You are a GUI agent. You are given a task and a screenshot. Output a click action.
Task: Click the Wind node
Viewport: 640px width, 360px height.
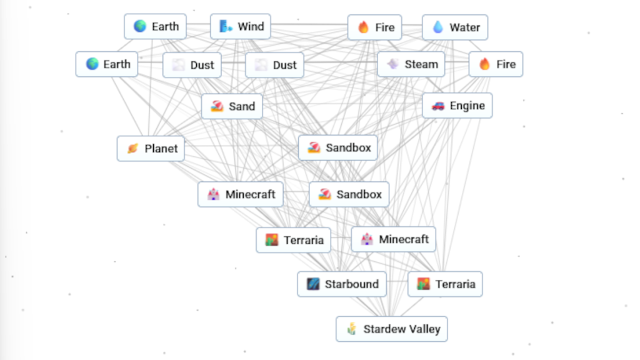pos(241,27)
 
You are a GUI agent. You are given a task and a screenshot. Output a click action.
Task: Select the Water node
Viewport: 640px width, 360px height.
pos(455,27)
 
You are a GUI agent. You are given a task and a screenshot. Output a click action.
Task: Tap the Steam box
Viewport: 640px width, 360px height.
pos(411,64)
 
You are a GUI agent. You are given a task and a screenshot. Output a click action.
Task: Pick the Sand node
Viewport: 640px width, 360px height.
pos(232,106)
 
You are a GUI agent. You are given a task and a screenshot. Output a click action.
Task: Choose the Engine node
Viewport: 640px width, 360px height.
pos(457,106)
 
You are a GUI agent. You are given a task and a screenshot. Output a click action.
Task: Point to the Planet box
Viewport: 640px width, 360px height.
pos(151,149)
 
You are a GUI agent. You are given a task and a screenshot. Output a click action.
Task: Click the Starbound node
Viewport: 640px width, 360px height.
pos(342,284)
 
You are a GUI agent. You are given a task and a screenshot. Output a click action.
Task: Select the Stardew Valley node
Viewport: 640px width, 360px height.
pos(392,329)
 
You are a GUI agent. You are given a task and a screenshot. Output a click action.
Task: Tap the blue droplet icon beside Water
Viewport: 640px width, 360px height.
pos(437,27)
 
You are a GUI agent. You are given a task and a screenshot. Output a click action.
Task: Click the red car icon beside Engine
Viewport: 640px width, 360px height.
pos(437,106)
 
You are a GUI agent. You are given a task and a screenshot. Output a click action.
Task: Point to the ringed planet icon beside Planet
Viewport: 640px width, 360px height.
pos(132,149)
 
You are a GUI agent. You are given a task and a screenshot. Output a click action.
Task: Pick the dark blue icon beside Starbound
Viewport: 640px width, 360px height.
pos(313,284)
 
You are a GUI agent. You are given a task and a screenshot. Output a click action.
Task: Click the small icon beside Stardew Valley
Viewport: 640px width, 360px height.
pos(352,329)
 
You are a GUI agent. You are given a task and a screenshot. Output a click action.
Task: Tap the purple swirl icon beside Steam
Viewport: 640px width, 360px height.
pos(392,64)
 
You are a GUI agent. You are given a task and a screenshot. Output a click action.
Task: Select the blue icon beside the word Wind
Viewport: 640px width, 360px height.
pos(226,27)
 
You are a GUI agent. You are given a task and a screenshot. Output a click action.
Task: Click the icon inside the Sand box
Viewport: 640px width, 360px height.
pos(217,106)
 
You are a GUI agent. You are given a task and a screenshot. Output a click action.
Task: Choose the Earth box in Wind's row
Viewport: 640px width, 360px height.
pos(155,27)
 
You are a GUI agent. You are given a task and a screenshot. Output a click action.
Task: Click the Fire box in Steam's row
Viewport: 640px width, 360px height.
pos(496,64)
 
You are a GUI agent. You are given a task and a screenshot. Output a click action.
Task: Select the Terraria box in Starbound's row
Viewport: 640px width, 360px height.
pos(445,284)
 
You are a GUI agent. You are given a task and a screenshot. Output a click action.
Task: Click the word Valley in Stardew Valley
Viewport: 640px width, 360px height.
pos(424,329)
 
